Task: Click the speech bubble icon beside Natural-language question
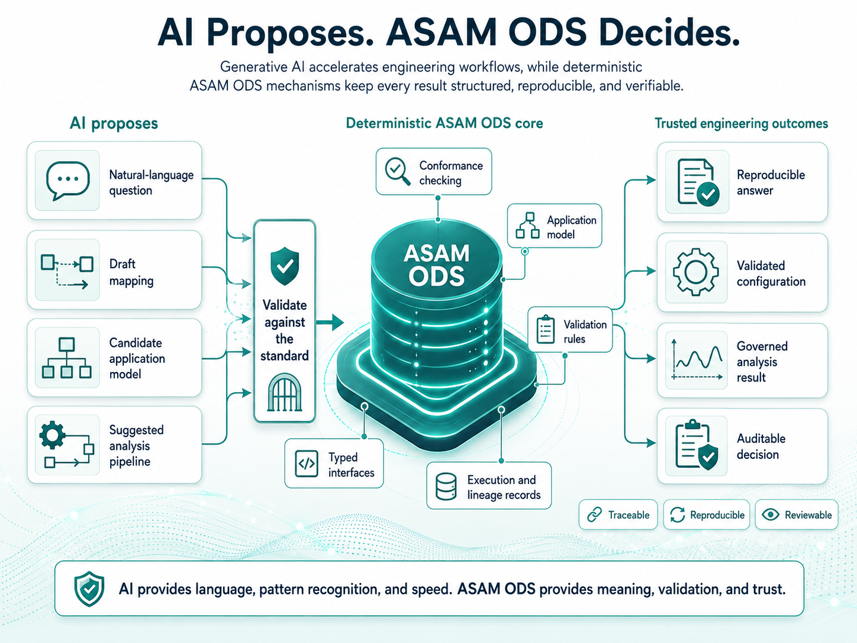point(67,181)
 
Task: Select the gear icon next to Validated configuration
point(696,272)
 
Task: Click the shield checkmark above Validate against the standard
point(285,266)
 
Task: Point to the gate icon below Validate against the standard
point(285,393)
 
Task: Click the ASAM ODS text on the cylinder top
point(437,265)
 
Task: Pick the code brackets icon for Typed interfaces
point(307,464)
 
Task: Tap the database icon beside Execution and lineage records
point(446,487)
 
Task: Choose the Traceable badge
point(618,515)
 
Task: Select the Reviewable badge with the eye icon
point(797,515)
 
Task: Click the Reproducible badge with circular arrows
point(707,515)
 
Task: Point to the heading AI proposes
point(114,124)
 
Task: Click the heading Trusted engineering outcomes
point(741,124)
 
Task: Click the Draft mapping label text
point(131,272)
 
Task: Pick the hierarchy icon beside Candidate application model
point(67,358)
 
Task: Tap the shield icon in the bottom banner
point(89,589)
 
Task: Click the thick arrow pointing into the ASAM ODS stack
point(330,323)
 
